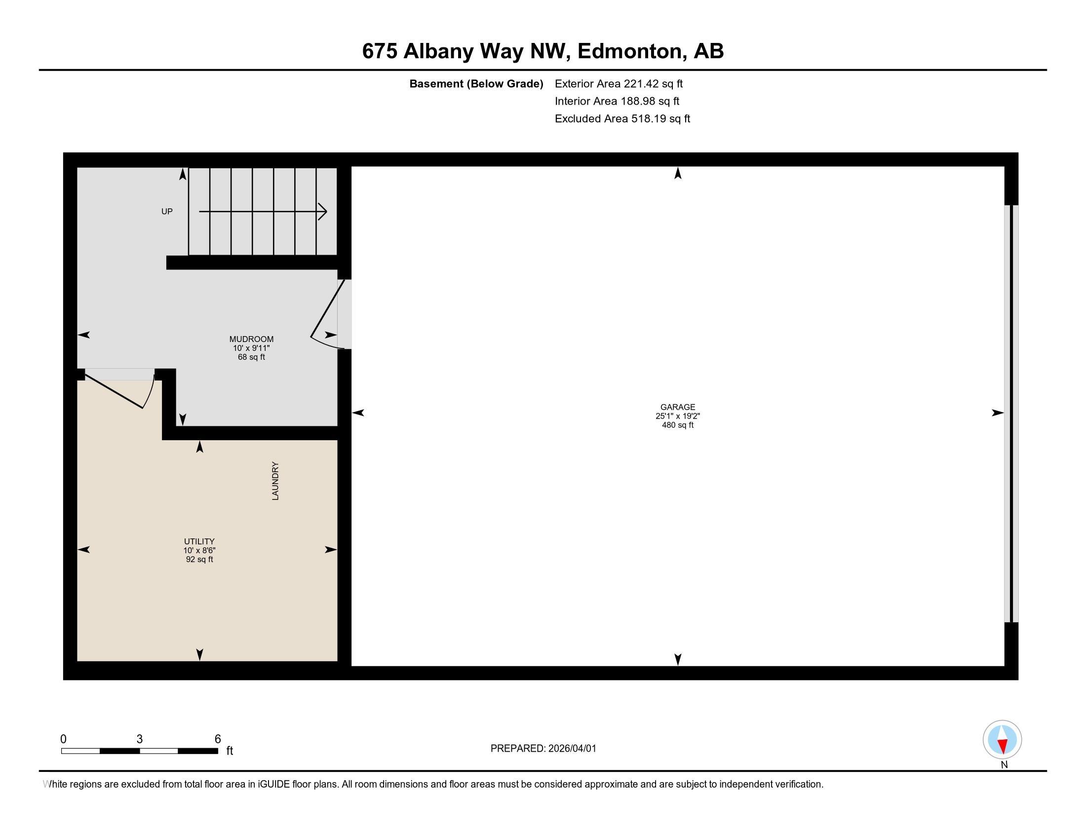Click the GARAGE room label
point(677,407)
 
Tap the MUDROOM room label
point(251,339)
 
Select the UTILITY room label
point(199,541)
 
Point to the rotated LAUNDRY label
point(275,481)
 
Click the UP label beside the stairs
point(167,212)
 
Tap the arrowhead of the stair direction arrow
point(324,212)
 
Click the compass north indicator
point(1002,740)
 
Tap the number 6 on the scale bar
point(217,739)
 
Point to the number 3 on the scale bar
point(140,739)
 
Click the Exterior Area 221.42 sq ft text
point(619,84)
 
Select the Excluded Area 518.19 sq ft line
point(622,119)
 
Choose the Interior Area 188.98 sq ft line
point(617,101)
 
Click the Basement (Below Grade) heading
point(476,84)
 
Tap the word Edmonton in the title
point(629,51)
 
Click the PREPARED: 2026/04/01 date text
point(543,749)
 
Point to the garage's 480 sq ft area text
point(677,425)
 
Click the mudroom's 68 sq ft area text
point(251,357)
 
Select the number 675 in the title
point(380,51)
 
